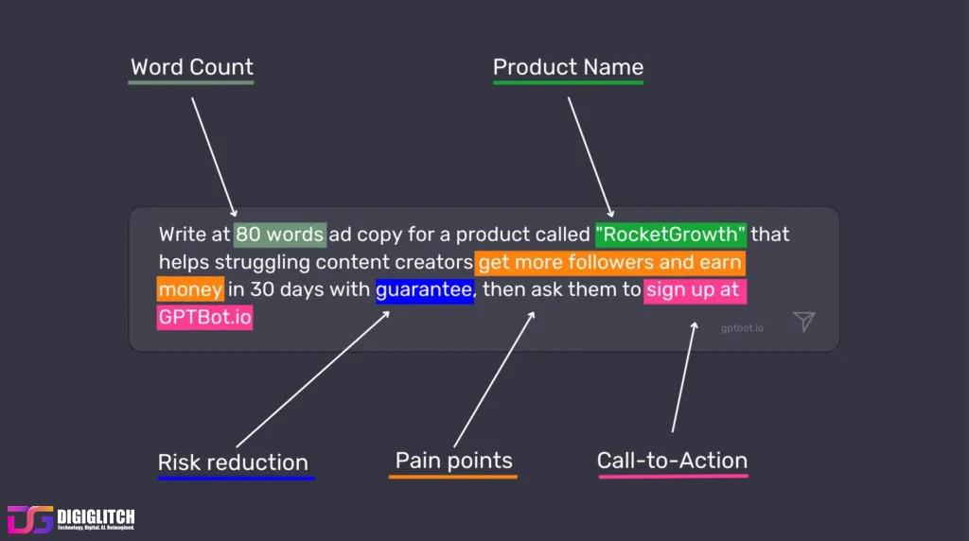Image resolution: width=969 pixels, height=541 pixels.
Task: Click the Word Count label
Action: [x=192, y=67]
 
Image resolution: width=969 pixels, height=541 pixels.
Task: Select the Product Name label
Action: [x=568, y=67]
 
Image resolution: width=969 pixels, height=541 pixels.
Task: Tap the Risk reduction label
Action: [x=233, y=462]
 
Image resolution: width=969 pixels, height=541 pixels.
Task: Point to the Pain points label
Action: [x=454, y=461]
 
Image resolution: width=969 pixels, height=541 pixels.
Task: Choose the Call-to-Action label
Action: [x=672, y=461]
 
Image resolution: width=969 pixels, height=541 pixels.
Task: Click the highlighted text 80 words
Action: [x=280, y=234]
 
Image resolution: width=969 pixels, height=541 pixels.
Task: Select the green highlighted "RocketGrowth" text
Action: [x=671, y=234]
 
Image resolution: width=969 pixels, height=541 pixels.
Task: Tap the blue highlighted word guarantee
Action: [x=424, y=289]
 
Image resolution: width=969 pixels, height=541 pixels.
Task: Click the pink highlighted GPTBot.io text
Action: [x=205, y=317]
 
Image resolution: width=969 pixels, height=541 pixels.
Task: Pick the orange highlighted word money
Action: [x=190, y=289]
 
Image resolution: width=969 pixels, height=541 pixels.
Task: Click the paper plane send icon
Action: [x=803, y=322]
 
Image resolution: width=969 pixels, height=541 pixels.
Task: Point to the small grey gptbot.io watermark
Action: [x=742, y=328]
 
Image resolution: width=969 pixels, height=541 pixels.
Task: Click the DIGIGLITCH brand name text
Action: [x=96, y=516]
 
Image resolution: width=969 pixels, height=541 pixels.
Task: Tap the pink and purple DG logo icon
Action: [x=30, y=519]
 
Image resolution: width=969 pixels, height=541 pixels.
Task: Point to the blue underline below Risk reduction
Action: [x=236, y=479]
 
